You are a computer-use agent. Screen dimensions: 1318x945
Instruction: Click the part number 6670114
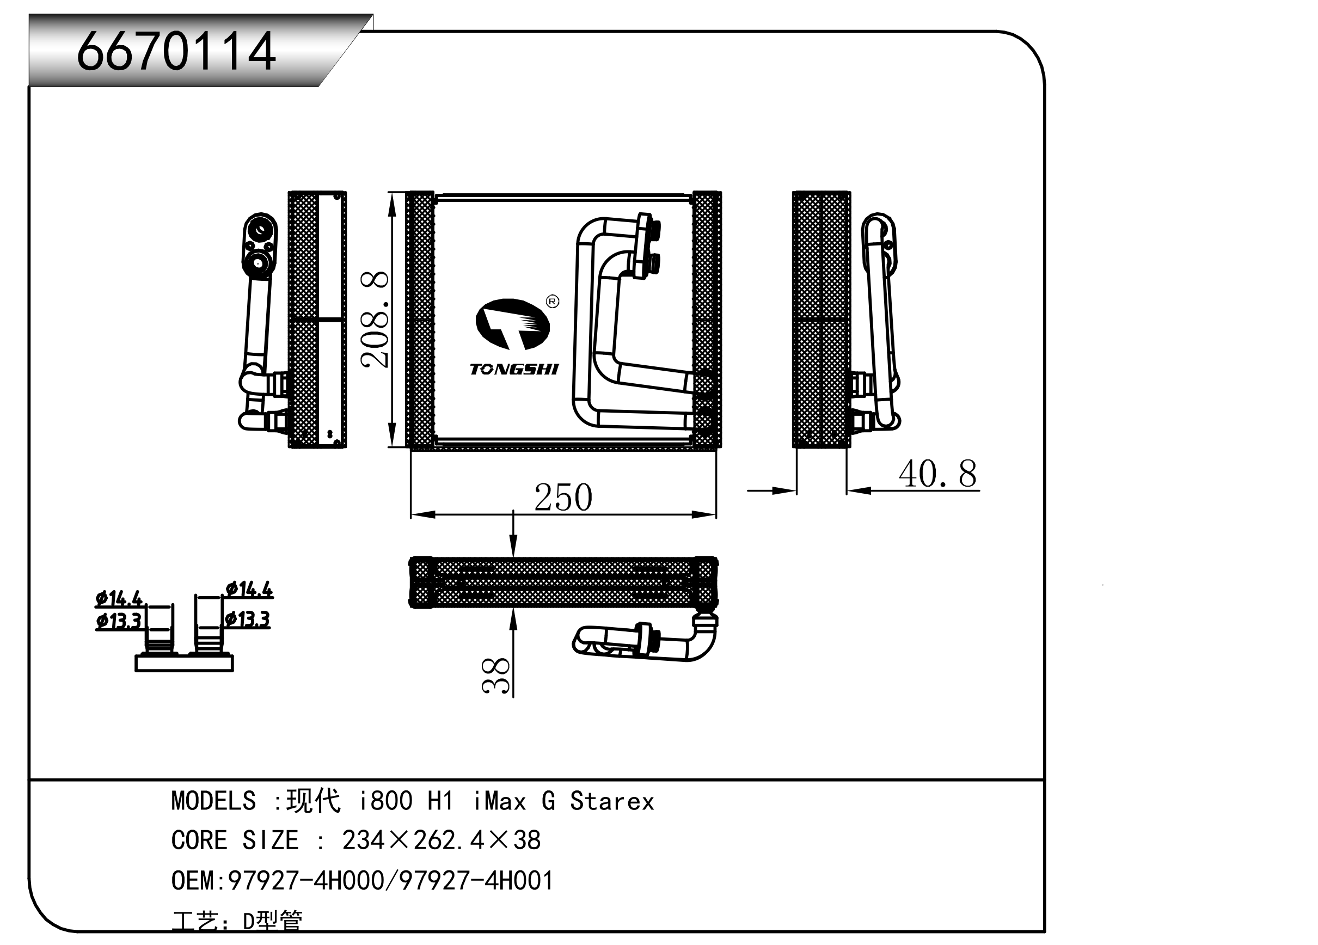[x=175, y=51]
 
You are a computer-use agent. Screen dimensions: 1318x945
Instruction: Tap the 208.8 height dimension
[x=375, y=319]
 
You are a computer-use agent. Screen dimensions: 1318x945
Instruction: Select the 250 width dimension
[x=563, y=498]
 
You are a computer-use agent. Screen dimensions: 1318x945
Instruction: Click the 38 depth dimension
[x=496, y=676]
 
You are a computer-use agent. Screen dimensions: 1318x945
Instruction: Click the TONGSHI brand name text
[x=514, y=369]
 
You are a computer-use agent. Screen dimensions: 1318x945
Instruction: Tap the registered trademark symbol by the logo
[x=553, y=301]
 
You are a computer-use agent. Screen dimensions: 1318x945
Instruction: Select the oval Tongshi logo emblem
[x=512, y=324]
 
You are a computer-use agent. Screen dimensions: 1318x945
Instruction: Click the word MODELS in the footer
[x=213, y=801]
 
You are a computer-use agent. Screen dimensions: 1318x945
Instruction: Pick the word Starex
[x=612, y=801]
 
